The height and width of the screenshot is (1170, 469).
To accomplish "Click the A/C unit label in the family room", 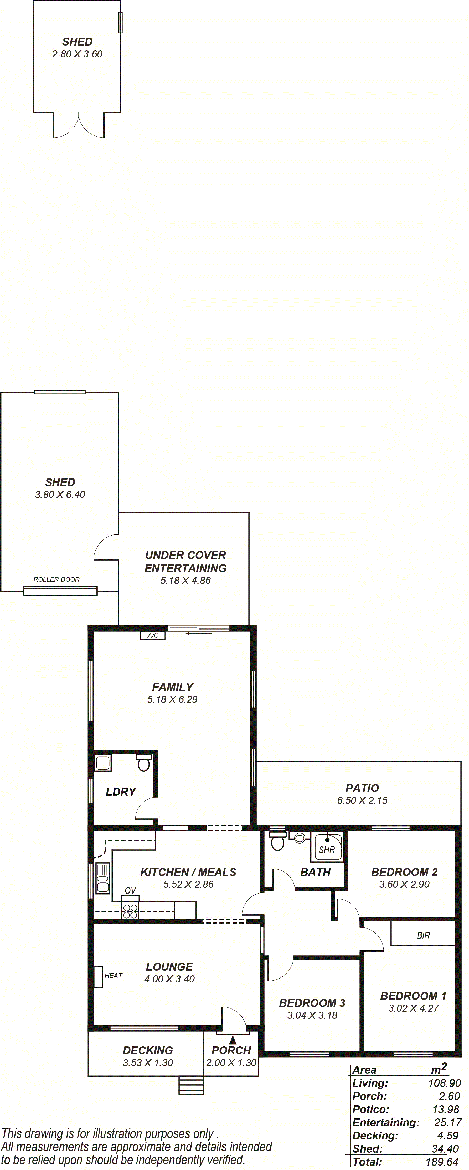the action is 153,636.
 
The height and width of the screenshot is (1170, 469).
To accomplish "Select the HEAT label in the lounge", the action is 114,976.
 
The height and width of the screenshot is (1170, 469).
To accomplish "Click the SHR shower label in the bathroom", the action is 327,850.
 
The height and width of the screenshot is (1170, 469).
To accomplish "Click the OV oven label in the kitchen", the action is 130,891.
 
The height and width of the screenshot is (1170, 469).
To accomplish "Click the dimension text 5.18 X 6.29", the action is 172,699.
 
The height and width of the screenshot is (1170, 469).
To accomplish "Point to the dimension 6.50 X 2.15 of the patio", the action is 362,800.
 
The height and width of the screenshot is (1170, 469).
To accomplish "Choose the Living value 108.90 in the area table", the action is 445,1083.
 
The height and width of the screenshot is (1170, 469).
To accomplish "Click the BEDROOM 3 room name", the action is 312,1003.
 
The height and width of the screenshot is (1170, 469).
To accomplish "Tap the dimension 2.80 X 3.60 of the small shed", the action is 77,54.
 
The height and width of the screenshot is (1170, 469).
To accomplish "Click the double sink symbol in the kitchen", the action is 102,878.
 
